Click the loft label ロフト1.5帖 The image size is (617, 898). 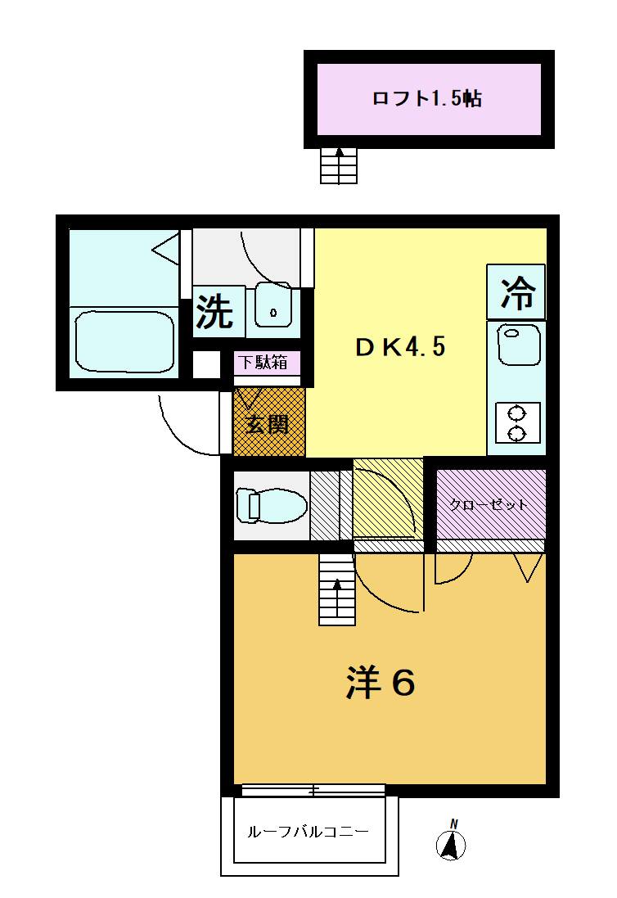pyautogui.click(x=427, y=98)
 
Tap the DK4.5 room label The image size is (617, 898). pyautogui.click(x=400, y=347)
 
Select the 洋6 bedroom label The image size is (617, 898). pyautogui.click(x=380, y=682)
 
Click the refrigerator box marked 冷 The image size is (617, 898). pyautogui.click(x=516, y=292)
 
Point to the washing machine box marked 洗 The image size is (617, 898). pyautogui.click(x=215, y=312)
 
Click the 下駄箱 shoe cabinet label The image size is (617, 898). pyautogui.click(x=263, y=362)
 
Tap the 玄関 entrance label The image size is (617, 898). pyautogui.click(x=268, y=425)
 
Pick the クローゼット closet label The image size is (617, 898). pyautogui.click(x=489, y=505)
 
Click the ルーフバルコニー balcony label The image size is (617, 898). pyautogui.click(x=308, y=832)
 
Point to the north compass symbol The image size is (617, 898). pyautogui.click(x=451, y=846)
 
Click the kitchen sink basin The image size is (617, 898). pyautogui.click(x=519, y=344)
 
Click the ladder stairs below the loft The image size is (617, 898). pyautogui.click(x=339, y=166)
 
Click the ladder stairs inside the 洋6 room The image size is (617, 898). pyautogui.click(x=337, y=589)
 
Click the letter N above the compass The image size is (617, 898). pyautogui.click(x=454, y=824)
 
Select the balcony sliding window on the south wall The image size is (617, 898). pyautogui.click(x=313, y=790)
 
